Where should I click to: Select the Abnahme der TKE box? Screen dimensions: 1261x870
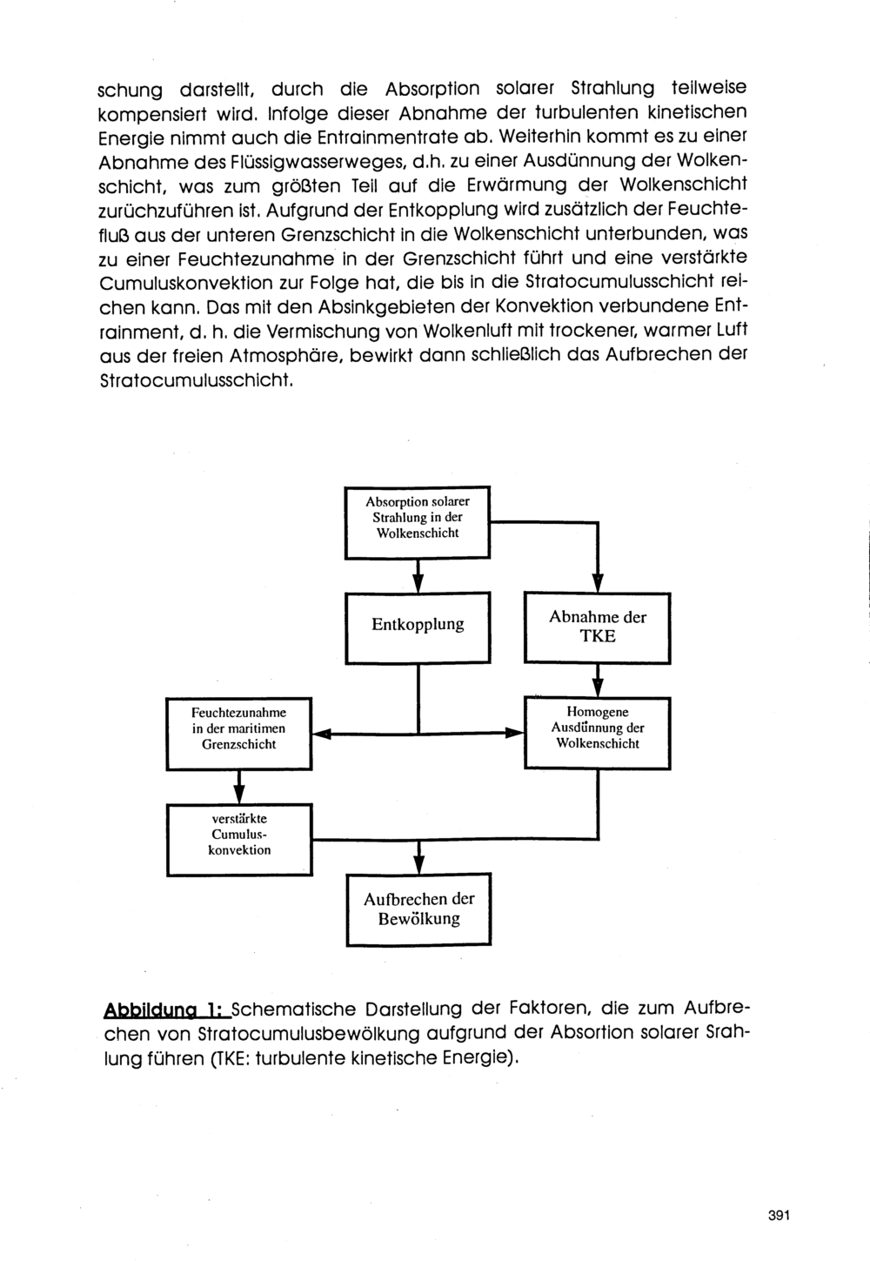coord(597,627)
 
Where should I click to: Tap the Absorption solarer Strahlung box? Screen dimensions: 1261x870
coord(418,521)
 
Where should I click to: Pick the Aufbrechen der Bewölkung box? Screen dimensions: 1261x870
coord(418,909)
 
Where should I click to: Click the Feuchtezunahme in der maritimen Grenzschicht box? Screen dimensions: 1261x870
coord(239,733)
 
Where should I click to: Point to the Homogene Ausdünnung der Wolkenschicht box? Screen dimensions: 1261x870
coord(597,732)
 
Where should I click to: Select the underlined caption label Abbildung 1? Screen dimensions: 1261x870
coord(166,1009)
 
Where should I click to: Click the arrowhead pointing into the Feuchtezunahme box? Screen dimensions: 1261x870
coord(320,734)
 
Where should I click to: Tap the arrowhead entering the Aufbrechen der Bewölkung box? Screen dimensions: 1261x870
coord(418,864)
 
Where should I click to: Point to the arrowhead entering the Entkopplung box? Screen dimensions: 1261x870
coord(418,583)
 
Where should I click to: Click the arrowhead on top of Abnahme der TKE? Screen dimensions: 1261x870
coord(598,584)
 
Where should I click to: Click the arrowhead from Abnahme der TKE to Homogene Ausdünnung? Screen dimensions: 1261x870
coord(598,688)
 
